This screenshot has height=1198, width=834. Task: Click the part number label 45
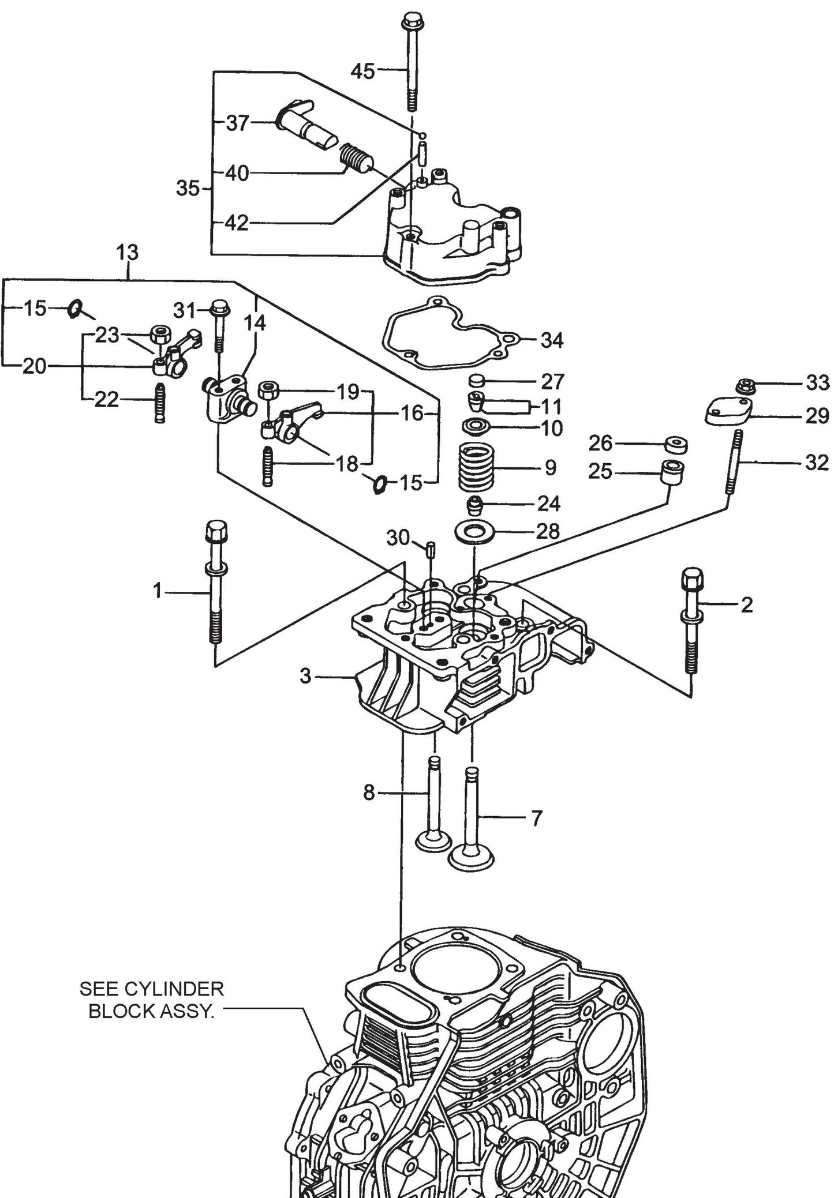pos(362,72)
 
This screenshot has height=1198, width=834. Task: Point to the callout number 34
pos(551,340)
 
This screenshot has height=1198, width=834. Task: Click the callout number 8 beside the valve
pos(369,793)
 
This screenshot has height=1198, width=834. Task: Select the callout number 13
pos(127,253)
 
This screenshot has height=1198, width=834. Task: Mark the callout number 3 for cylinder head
pos(306,675)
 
